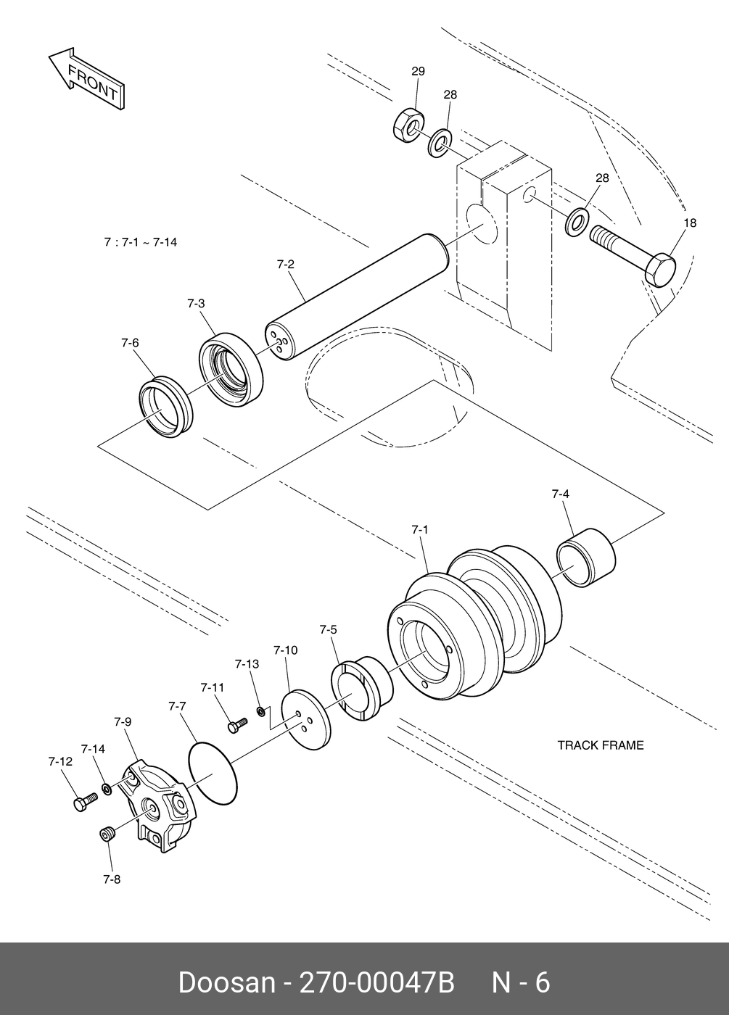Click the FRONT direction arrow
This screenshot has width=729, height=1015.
pos(86,79)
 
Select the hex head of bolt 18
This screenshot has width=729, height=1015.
pos(660,270)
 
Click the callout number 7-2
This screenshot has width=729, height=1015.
pos(286,264)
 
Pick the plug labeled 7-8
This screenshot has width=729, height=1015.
pos(107,833)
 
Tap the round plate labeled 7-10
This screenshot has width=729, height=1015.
pos(305,723)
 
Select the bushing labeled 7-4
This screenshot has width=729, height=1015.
pos(586,558)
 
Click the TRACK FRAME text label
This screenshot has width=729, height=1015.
pos(601,745)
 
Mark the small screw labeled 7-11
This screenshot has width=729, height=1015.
pos(237,724)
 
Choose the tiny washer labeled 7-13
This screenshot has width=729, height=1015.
pos(261,711)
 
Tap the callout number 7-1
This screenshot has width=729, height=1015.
pos(420,529)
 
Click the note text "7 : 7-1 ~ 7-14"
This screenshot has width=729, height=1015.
pos(141,242)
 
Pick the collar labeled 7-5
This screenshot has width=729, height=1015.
pos(362,688)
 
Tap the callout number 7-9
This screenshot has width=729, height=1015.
pos(123,721)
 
